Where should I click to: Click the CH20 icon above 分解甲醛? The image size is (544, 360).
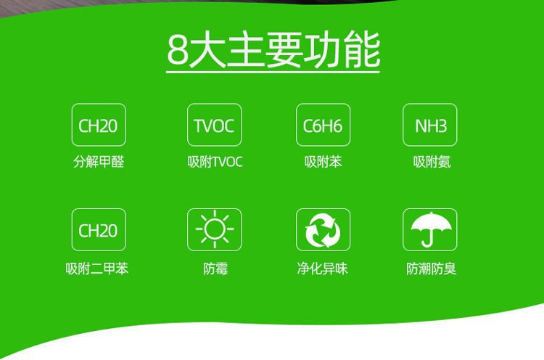99,125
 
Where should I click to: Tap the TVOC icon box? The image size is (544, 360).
215,125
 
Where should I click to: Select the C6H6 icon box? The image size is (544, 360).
323,125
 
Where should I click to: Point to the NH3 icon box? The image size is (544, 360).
430,125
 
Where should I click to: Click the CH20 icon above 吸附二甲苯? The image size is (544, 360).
99,230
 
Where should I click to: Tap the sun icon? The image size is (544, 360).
215,229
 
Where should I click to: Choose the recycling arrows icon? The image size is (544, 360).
323,231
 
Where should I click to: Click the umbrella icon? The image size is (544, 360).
431,229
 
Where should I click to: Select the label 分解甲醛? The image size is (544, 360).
99,162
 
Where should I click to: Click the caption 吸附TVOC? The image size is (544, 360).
215,162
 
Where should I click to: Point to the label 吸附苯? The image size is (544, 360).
323,162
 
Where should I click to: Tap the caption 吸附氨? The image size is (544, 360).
432,162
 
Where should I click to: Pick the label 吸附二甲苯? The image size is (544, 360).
97,269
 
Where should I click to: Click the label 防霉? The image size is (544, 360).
215,269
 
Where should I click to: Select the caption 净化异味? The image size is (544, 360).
322,269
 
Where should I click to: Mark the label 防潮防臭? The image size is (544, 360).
432,269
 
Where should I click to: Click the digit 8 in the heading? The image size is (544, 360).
178,50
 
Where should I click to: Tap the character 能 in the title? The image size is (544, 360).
362,49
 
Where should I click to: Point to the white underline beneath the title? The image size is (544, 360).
273,72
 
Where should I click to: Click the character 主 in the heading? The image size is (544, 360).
246,49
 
